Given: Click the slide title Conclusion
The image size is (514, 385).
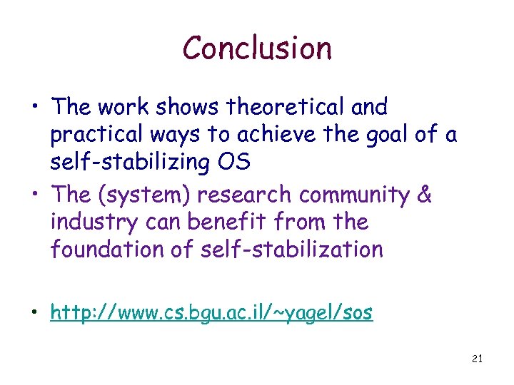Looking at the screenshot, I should coord(257,48).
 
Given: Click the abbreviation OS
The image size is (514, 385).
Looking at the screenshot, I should coord(235,163).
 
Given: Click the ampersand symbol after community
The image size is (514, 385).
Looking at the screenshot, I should coord(424,195).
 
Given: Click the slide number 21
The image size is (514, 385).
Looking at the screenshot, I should coord(478,359).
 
